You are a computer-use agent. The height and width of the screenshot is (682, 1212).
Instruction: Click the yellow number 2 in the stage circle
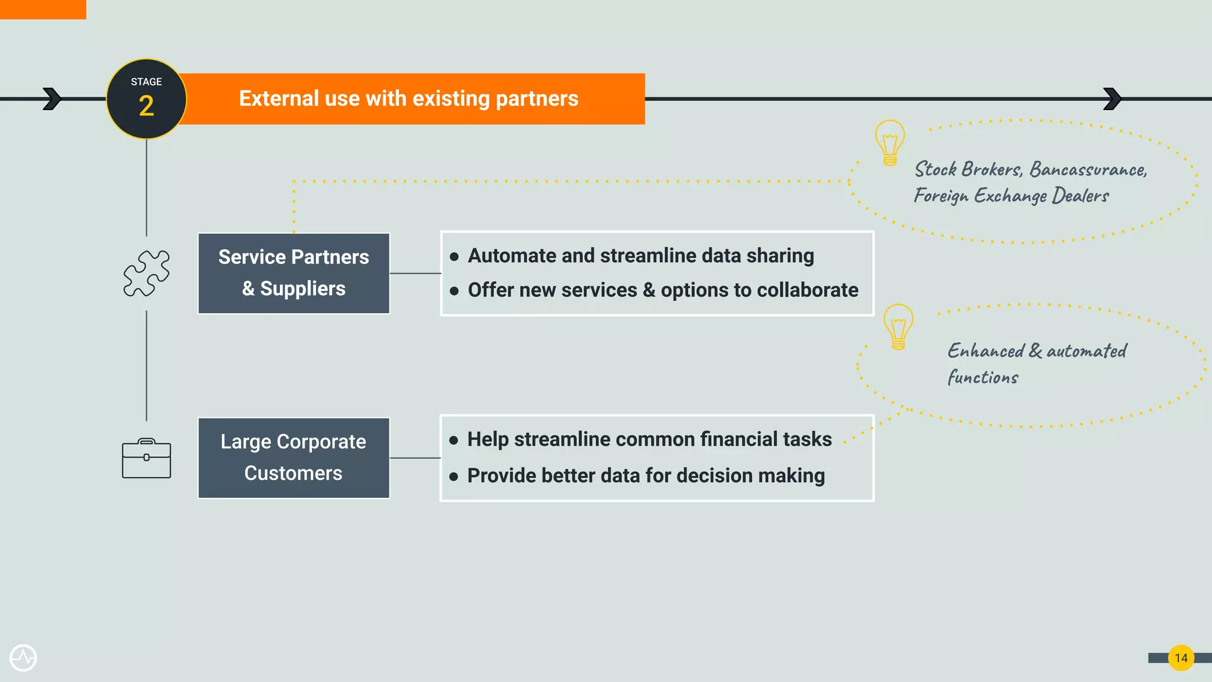[146, 107]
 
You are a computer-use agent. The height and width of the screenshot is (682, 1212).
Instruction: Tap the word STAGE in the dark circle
[146, 82]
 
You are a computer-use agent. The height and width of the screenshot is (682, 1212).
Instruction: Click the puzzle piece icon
[146, 273]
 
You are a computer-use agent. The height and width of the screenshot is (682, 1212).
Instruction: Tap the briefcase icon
[146, 458]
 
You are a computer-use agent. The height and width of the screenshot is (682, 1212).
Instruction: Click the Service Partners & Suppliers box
[294, 273]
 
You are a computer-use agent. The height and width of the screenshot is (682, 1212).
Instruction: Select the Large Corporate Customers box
[294, 458]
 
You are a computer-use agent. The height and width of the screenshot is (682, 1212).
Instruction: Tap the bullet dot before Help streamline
[454, 440]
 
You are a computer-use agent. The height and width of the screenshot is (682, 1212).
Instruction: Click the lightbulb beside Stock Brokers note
[889, 142]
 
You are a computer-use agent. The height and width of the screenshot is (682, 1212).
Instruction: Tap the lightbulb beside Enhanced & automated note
[898, 326]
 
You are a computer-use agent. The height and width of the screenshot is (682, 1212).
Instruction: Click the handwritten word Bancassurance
[1088, 170]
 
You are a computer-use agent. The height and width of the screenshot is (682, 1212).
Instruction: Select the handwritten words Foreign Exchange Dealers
[1011, 196]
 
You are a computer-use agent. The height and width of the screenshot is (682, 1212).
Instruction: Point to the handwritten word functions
[982, 377]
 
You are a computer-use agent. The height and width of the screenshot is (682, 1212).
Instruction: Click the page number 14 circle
[1181, 658]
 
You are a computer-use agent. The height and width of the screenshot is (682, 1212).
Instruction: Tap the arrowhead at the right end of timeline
[1112, 99]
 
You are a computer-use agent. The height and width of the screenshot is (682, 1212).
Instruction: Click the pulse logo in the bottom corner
[23, 658]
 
